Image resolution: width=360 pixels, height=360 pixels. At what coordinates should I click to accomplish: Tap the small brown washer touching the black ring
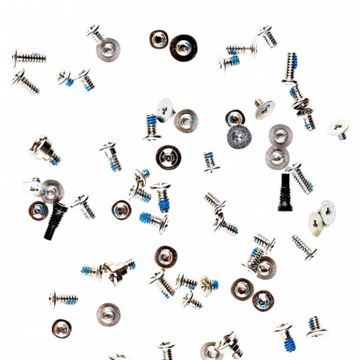pyautogui.click(x=159, y=40)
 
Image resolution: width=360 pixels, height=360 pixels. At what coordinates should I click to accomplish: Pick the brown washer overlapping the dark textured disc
pyautogui.click(x=235, y=118)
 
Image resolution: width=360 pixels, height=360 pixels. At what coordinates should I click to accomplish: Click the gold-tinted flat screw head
pyautogui.click(x=316, y=224)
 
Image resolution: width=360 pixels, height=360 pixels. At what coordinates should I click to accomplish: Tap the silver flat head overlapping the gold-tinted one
pyautogui.click(x=327, y=211)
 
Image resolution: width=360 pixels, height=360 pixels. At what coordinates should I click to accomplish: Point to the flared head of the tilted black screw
pyautogui.click(x=61, y=208)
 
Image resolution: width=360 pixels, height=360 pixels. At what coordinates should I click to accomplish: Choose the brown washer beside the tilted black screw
pyautogui.click(x=38, y=210)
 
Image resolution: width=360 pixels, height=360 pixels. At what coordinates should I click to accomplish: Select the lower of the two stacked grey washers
pyautogui.click(x=277, y=158)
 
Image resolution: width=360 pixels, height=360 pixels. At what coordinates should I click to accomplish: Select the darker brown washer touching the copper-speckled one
pyautogui.click(x=263, y=300)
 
